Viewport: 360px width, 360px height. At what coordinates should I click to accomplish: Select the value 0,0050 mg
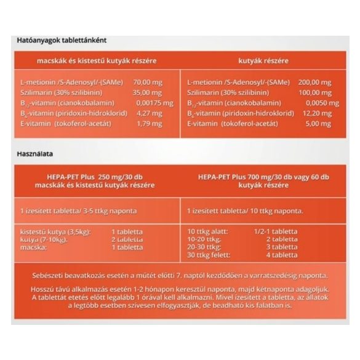319,102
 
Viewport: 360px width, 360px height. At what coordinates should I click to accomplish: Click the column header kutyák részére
264,60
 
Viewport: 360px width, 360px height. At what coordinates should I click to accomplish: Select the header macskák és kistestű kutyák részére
97,60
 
